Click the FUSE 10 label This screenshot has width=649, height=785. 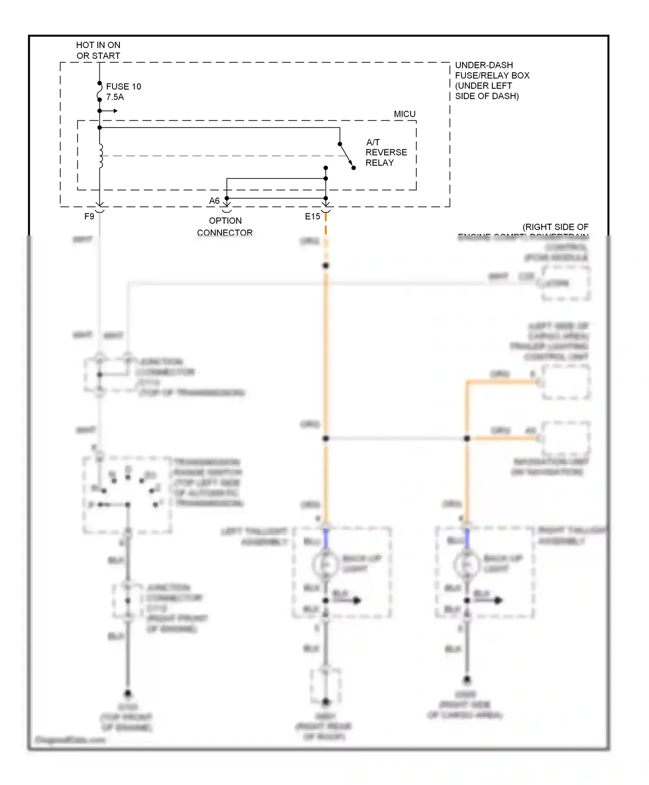tap(123, 87)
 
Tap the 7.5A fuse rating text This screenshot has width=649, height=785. tap(115, 97)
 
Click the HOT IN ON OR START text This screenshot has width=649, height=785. tap(98, 50)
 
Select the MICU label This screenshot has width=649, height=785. tap(404, 114)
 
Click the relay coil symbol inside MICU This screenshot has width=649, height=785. tap(101, 156)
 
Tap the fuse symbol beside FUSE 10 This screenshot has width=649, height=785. tap(100, 91)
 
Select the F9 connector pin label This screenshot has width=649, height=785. tap(89, 216)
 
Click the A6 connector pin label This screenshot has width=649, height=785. tap(214, 201)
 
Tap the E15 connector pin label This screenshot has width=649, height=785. tap(312, 216)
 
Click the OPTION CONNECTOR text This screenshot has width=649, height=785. tap(225, 226)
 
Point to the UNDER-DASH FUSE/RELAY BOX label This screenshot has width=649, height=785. tap(492, 80)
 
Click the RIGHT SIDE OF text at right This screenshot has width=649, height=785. tap(555, 227)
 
